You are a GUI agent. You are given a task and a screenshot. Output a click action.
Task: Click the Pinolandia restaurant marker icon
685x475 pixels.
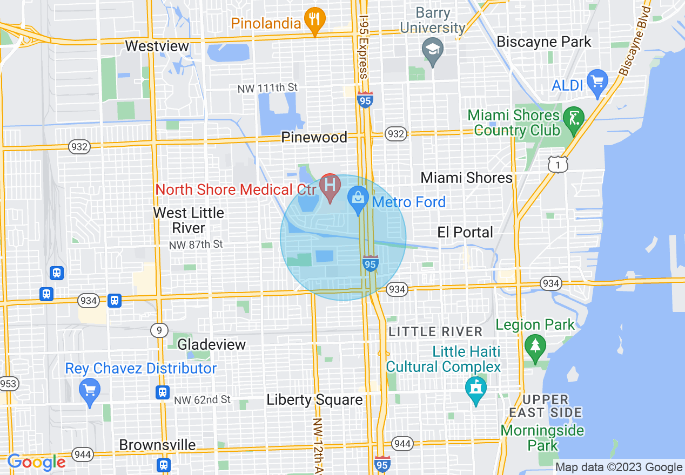[x=314, y=21]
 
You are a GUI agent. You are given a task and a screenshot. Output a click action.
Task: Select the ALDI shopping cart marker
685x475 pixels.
[x=597, y=82]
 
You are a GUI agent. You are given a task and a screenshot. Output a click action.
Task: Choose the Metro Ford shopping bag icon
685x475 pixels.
[x=358, y=198]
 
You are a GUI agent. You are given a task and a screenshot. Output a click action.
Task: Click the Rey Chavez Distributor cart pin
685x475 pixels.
[x=90, y=389]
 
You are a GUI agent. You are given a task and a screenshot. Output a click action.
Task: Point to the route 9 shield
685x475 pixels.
[x=159, y=330]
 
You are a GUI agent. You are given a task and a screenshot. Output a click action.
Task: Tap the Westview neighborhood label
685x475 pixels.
[x=157, y=46]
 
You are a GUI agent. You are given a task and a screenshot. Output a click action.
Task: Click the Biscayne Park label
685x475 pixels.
[x=544, y=42]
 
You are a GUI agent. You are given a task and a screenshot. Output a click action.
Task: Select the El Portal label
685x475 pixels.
[x=465, y=232]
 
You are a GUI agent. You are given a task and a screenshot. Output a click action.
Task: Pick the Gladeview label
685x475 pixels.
[x=211, y=344]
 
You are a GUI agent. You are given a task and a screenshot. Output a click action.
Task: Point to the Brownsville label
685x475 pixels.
[x=157, y=445]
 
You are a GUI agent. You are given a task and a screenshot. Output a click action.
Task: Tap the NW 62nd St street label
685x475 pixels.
[x=203, y=400]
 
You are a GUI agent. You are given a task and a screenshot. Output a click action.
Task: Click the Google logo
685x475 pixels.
[x=36, y=462]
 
